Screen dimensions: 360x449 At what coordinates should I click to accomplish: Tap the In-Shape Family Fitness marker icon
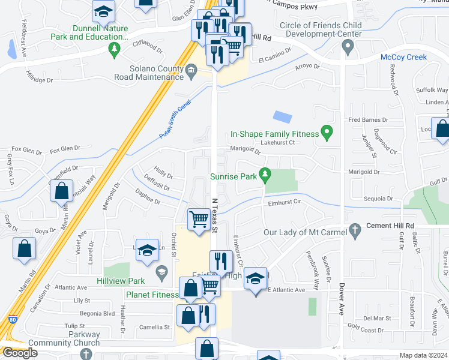[x=327, y=133]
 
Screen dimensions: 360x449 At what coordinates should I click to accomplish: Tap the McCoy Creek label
[x=403, y=57]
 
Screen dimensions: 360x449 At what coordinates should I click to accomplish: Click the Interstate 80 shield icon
[x=13, y=323]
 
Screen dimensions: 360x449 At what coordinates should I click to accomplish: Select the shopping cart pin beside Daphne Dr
[x=198, y=218]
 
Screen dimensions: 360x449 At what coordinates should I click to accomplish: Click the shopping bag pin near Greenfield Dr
[x=62, y=191]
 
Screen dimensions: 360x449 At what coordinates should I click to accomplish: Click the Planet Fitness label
[x=152, y=295]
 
